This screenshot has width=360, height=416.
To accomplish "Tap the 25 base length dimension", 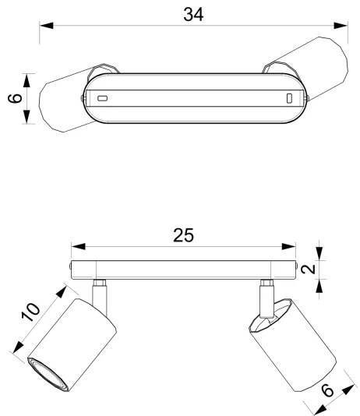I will (183, 235).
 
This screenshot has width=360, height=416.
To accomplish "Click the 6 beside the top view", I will (12, 99).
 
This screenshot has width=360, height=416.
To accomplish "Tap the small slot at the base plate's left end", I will (102, 98).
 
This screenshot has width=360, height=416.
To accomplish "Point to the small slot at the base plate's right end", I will (288, 98).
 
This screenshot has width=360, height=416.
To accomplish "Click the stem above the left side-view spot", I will (100, 293).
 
